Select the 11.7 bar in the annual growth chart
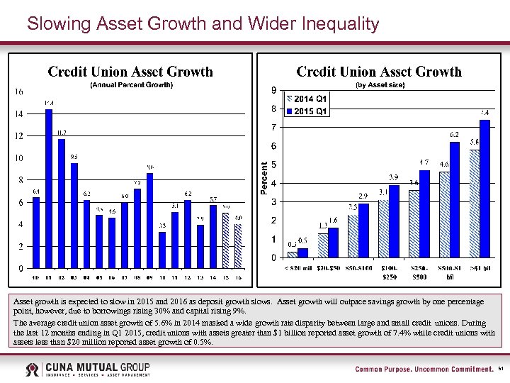pos(62,204)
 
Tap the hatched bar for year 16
pos(239,246)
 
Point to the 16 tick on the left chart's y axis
pos(18,91)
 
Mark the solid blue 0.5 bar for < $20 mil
pos(302,252)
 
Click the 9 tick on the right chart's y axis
pos(274,90)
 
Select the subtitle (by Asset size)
pos(379,85)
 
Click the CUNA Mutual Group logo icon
pos(33,370)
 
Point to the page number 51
pos(501,370)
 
